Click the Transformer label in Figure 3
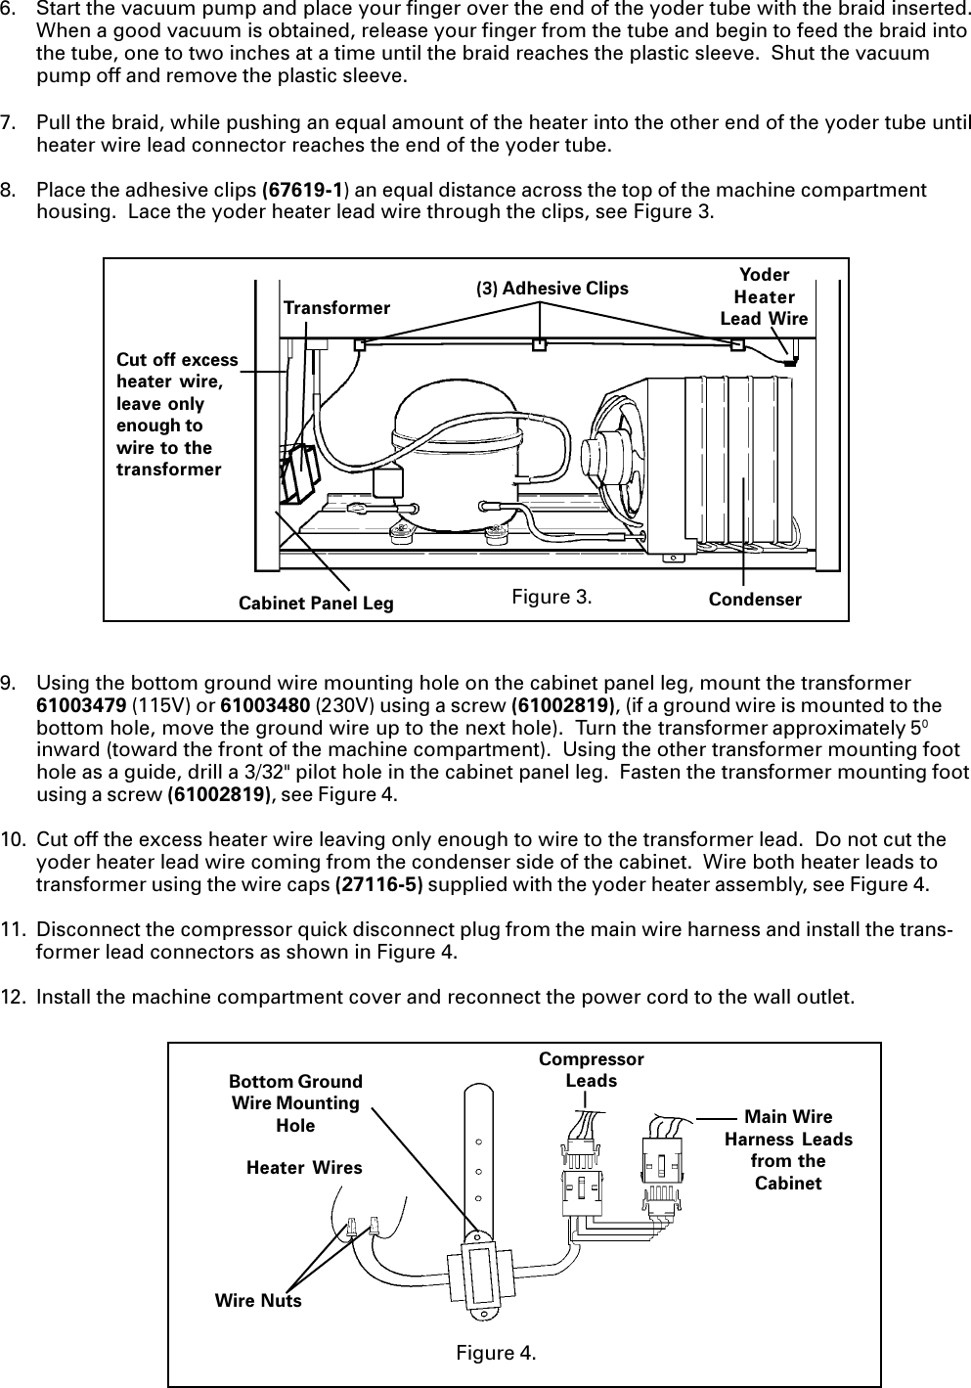(336, 308)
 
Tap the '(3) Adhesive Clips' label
(552, 289)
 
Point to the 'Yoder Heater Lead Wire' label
(764, 296)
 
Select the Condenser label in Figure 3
(755, 600)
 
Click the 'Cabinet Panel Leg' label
(316, 604)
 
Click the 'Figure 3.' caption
(552, 596)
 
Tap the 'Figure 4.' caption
(496, 1353)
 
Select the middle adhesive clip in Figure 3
(538, 344)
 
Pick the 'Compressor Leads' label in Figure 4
(592, 1070)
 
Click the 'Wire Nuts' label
(258, 1301)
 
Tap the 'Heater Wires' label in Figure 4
(304, 1168)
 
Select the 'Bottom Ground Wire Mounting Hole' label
(295, 1103)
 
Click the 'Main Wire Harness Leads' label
(788, 1150)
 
